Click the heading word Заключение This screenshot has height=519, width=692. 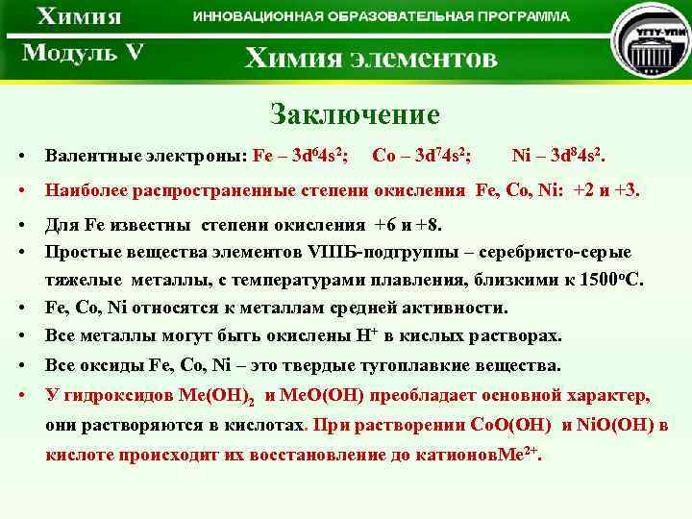click(x=355, y=115)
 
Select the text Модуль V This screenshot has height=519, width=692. click(x=83, y=53)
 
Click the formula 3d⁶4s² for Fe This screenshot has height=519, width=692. click(x=318, y=156)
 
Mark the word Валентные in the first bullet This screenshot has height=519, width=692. click(x=93, y=156)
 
